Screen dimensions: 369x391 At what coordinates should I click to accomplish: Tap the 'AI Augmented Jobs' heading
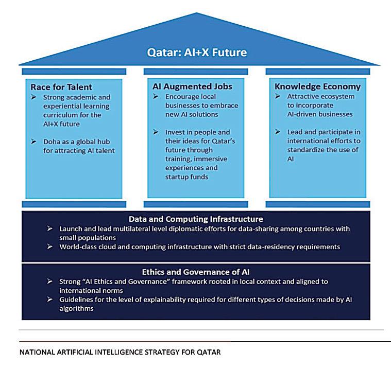pyautogui.click(x=184, y=86)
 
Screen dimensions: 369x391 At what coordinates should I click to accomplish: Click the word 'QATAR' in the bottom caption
pyautogui.click(x=209, y=353)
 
